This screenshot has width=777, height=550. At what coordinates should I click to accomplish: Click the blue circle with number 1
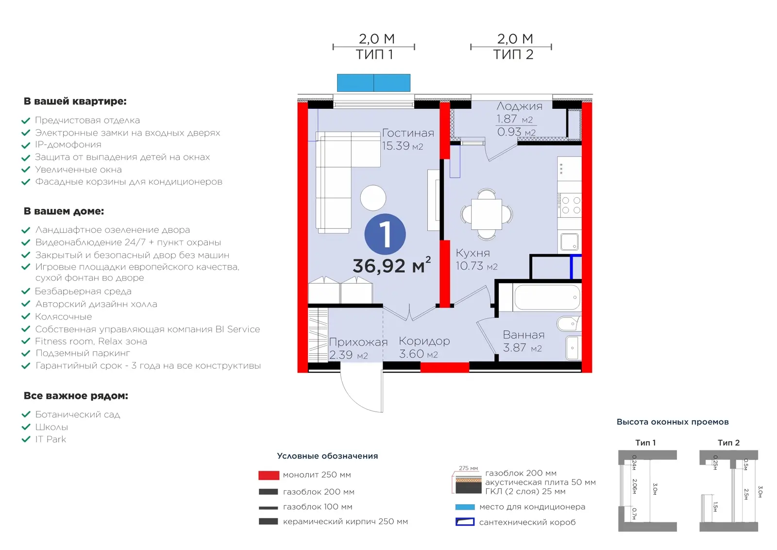(x=385, y=234)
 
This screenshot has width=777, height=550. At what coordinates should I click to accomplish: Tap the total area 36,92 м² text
(x=392, y=265)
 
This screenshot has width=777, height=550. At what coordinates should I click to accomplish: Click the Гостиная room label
(x=408, y=133)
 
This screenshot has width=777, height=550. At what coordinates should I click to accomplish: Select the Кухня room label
(x=473, y=253)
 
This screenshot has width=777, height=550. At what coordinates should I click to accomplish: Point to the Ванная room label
(x=524, y=335)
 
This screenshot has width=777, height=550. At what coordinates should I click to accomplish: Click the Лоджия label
(x=519, y=106)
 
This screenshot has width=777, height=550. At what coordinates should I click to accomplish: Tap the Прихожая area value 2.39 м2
(x=348, y=355)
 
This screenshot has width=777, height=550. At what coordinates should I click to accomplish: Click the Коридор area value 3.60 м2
(x=418, y=354)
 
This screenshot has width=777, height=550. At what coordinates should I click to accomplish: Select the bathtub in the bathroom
(x=547, y=297)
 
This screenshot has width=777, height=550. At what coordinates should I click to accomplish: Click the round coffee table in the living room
(x=373, y=198)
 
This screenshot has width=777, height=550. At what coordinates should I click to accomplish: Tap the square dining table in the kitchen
(x=486, y=214)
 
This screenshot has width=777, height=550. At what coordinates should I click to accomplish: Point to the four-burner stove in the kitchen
(x=569, y=205)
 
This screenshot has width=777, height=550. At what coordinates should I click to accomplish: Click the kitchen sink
(x=569, y=241)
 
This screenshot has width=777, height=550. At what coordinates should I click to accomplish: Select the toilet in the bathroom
(x=569, y=324)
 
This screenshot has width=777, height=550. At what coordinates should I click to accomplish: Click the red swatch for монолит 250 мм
(x=269, y=475)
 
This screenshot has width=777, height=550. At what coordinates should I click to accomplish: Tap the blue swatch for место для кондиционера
(x=465, y=507)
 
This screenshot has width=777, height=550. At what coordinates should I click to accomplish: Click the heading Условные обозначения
(x=327, y=456)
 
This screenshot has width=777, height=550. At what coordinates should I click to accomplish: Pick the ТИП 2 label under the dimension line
(x=513, y=54)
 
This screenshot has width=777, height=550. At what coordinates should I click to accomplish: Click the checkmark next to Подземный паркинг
(x=26, y=353)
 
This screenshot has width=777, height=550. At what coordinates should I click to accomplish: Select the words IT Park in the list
(x=51, y=439)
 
